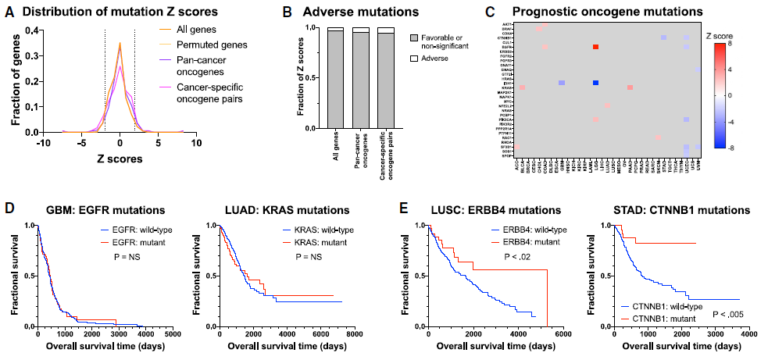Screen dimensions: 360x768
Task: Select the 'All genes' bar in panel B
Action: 335,78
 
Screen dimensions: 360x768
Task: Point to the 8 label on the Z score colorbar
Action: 730,44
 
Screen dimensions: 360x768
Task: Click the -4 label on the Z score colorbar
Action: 732,121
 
